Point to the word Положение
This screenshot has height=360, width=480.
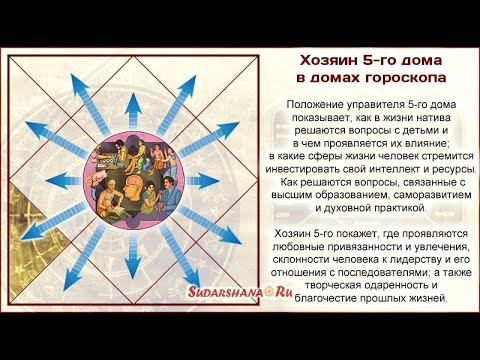pos(316,104)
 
